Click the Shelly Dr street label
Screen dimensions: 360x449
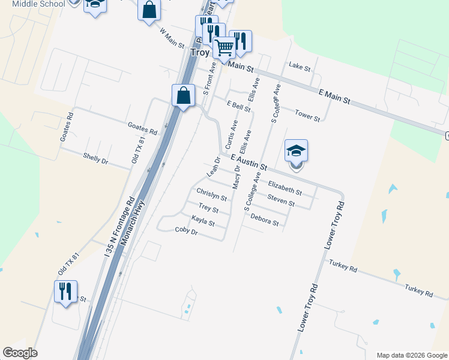pos(95,158)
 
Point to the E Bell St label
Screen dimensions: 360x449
pos(238,106)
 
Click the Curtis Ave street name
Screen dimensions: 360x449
pos(231,134)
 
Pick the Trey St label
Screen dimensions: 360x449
pos(208,208)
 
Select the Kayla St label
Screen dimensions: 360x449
pos(203,221)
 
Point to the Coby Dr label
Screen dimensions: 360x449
pos(186,230)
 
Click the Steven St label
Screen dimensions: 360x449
pos(281,200)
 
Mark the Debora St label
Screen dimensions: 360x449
pos(265,220)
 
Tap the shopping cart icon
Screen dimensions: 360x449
pos(224,46)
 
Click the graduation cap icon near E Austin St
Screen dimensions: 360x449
pos(296,151)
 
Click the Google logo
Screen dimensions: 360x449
pos(20,353)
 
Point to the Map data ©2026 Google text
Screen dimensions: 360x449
pos(411,355)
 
